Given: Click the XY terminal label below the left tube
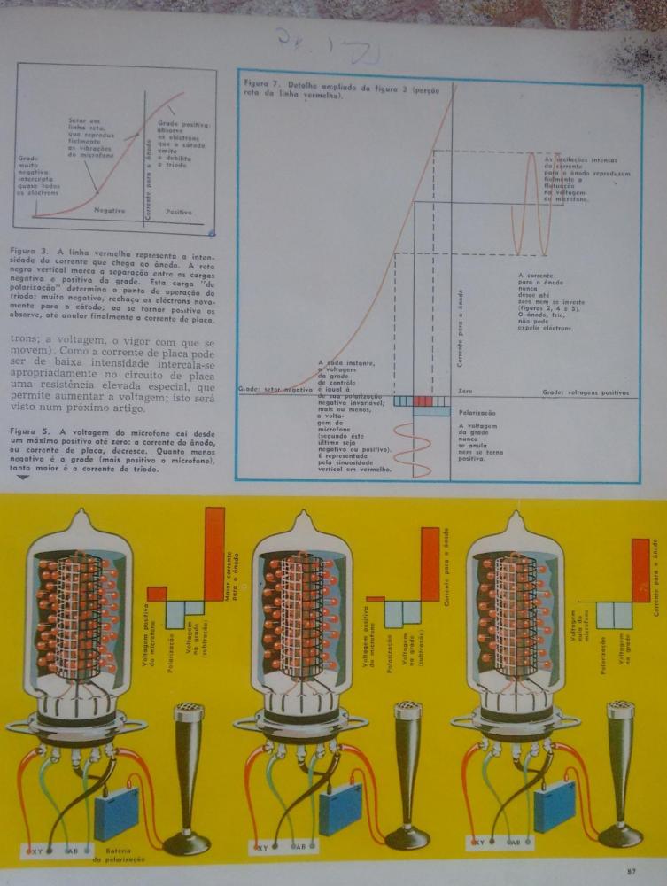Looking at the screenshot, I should [38, 851].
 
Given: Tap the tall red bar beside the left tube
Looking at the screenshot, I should [214, 563].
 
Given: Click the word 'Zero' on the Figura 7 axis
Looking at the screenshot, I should [467, 390].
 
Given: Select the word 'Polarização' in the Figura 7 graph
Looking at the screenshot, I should [477, 413].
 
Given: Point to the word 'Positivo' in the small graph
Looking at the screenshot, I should [178, 213].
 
